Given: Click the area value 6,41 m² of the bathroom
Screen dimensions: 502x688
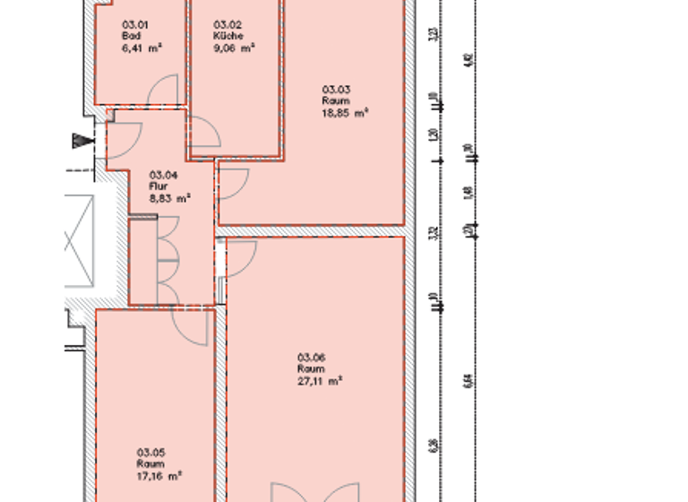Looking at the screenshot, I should [141, 48].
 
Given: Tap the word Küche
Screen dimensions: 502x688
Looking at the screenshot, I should [225, 36].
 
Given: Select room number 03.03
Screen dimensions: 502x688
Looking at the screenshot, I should [336, 89].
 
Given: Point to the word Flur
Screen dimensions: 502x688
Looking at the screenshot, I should [158, 186].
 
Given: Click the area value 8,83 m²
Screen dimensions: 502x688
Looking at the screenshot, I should [169, 198].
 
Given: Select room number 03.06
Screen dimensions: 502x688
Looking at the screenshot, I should [311, 356].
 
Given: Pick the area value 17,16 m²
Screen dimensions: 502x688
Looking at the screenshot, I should [159, 476].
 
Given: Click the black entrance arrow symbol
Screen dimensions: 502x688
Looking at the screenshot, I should [83, 141].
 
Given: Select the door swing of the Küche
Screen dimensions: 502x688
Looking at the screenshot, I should [205, 134].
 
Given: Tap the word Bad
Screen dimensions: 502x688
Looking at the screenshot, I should [130, 36].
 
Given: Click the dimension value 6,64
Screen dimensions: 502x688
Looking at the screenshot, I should [467, 381].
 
